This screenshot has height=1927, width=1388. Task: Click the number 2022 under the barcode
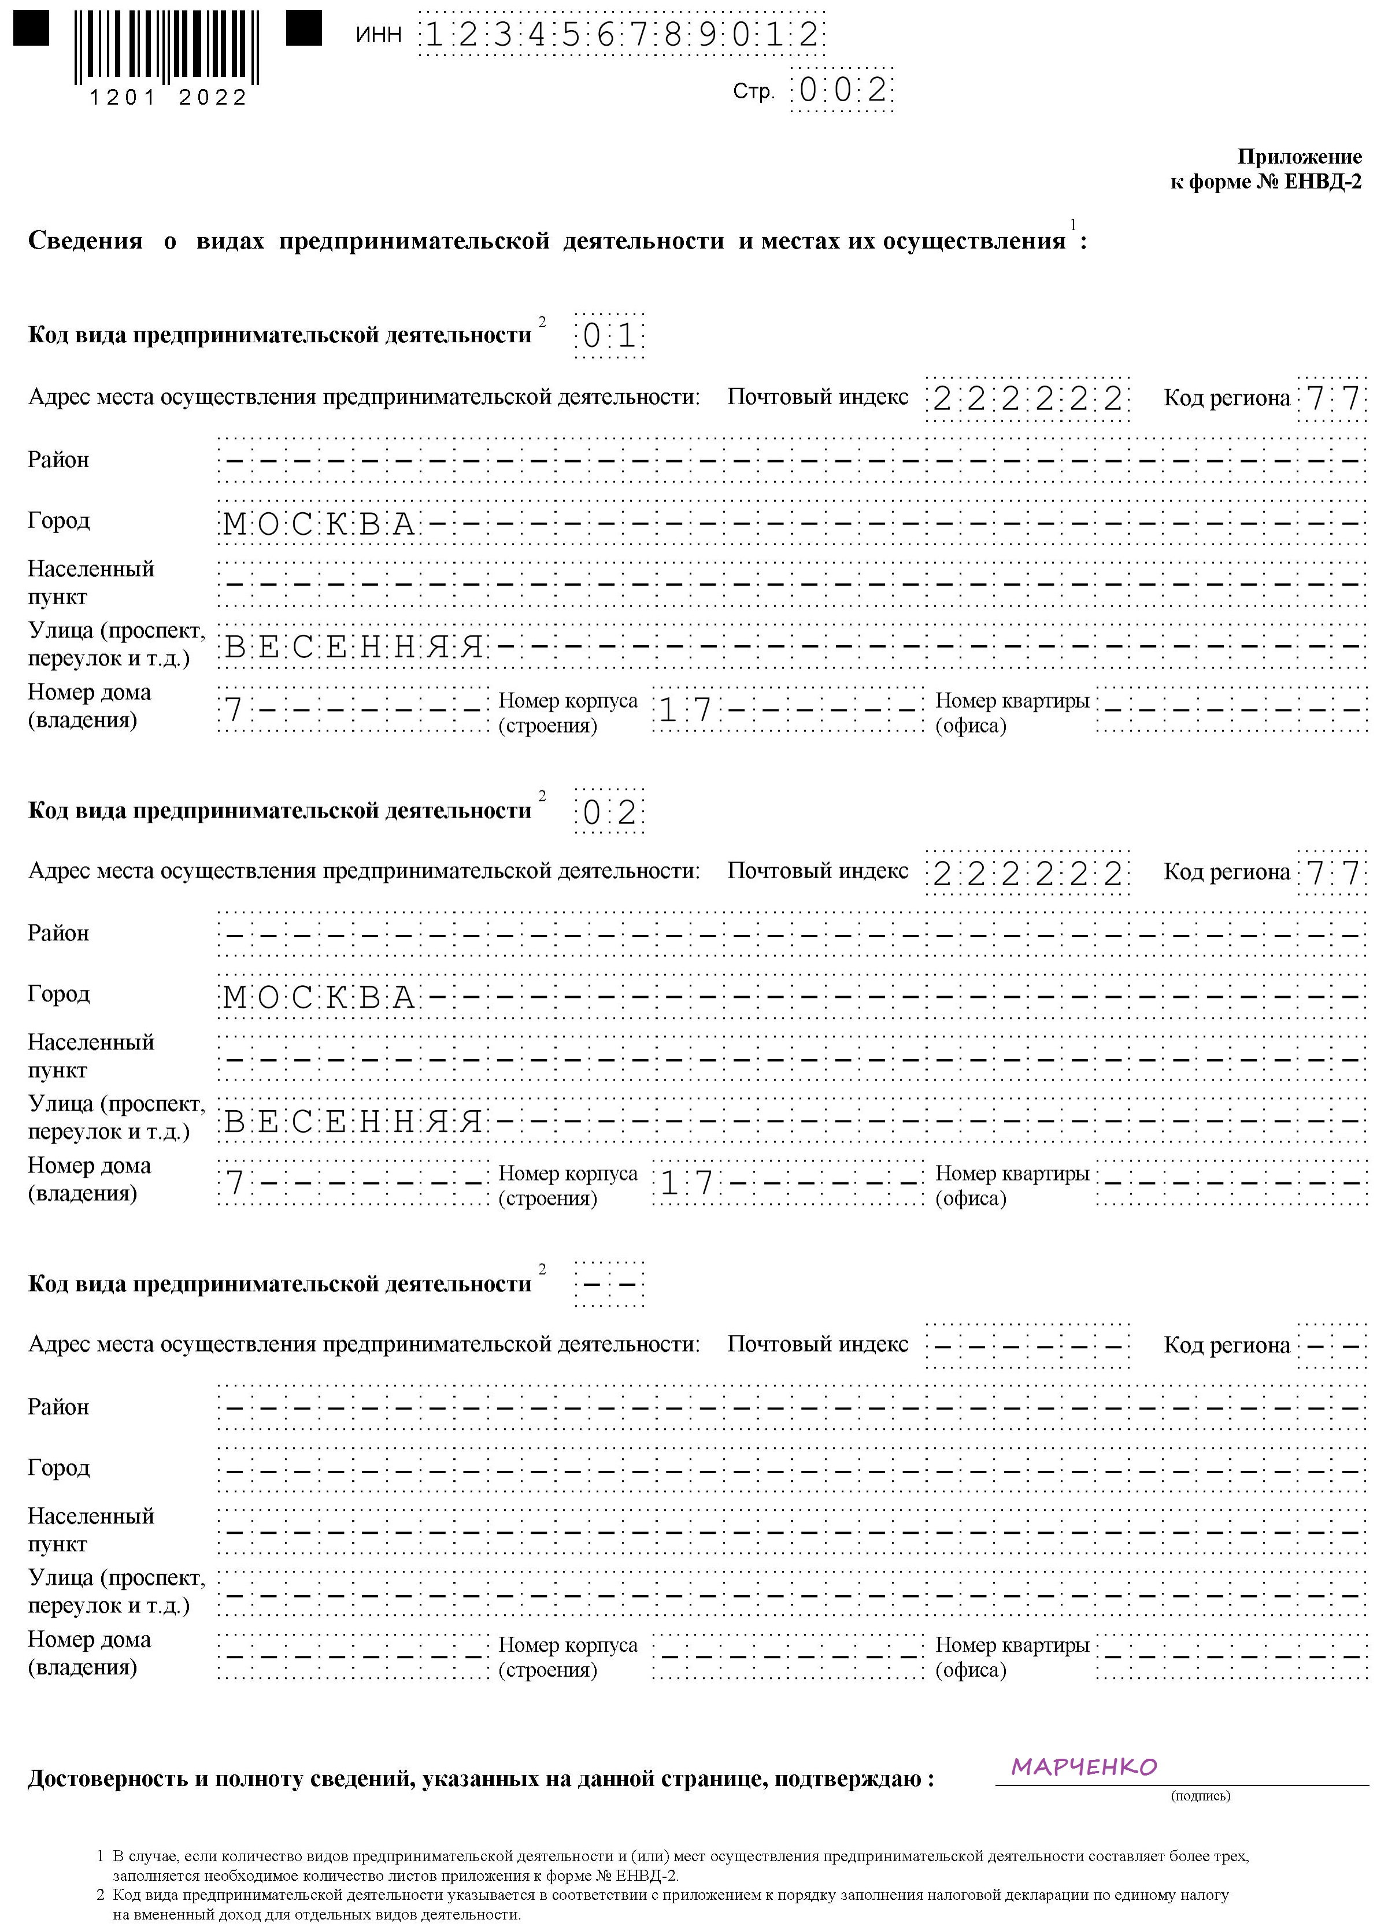click(212, 98)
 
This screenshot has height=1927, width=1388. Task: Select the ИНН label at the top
click(378, 35)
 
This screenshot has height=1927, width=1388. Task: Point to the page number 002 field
click(842, 90)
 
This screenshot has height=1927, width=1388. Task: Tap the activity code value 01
click(609, 337)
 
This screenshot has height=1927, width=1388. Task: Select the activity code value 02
click(609, 812)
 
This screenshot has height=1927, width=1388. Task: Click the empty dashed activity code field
click(609, 1285)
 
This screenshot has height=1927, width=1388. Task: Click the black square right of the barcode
click(303, 28)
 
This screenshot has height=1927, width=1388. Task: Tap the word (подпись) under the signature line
click(1200, 1795)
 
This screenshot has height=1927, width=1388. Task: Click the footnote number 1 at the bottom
click(100, 1856)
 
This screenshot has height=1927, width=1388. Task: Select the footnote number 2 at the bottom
click(100, 1895)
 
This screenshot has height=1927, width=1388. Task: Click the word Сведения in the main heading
click(85, 241)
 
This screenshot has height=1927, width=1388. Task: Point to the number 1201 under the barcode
click(123, 98)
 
